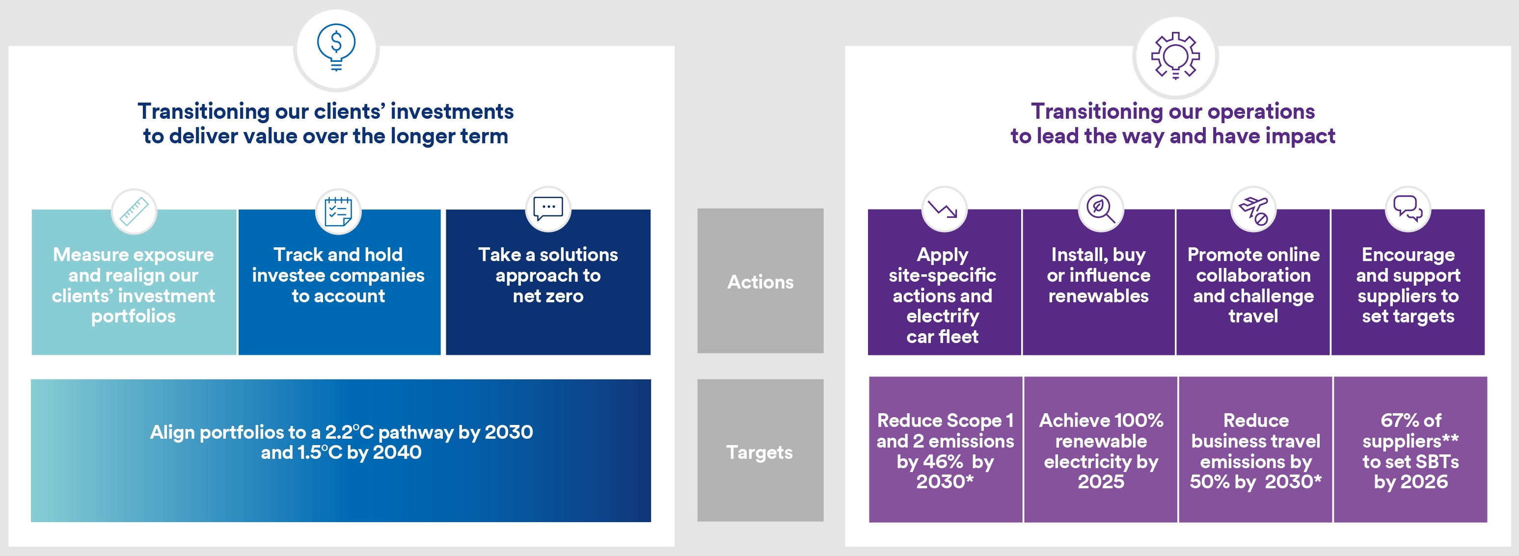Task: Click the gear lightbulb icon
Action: coord(1175,55)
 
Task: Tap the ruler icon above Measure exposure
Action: coord(134,212)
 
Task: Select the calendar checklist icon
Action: coord(338,212)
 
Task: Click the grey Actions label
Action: coord(760,282)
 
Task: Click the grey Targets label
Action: coord(759,452)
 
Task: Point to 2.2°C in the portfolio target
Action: coord(349,432)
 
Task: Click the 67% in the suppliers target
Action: coord(1395,421)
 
